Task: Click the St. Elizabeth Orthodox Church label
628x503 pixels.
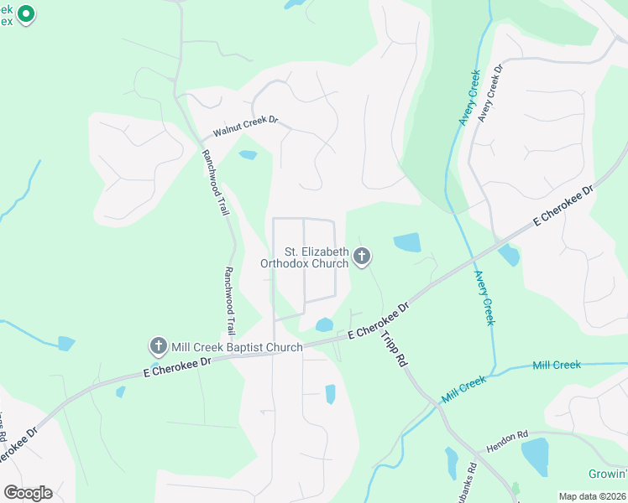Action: click(x=304, y=257)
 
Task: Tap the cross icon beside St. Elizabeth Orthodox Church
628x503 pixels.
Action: click(x=362, y=257)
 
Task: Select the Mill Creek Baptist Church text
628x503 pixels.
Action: click(x=238, y=346)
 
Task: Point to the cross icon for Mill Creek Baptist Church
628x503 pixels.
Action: click(x=157, y=345)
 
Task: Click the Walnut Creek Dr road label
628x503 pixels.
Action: click(x=244, y=127)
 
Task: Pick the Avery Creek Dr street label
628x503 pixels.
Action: click(x=489, y=93)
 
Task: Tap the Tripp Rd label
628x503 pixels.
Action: click(x=392, y=346)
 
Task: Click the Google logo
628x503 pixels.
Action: click(x=28, y=493)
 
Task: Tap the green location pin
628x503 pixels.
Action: click(x=26, y=14)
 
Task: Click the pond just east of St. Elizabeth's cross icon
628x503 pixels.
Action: click(x=407, y=242)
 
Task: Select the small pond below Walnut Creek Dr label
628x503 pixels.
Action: click(x=248, y=155)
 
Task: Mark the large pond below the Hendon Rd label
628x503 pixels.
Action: click(x=535, y=457)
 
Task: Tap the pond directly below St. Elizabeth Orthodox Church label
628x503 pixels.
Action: click(x=323, y=324)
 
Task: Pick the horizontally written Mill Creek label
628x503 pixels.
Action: click(x=557, y=365)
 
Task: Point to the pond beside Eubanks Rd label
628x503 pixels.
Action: click(x=452, y=463)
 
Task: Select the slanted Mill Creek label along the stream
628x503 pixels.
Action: click(x=463, y=387)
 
